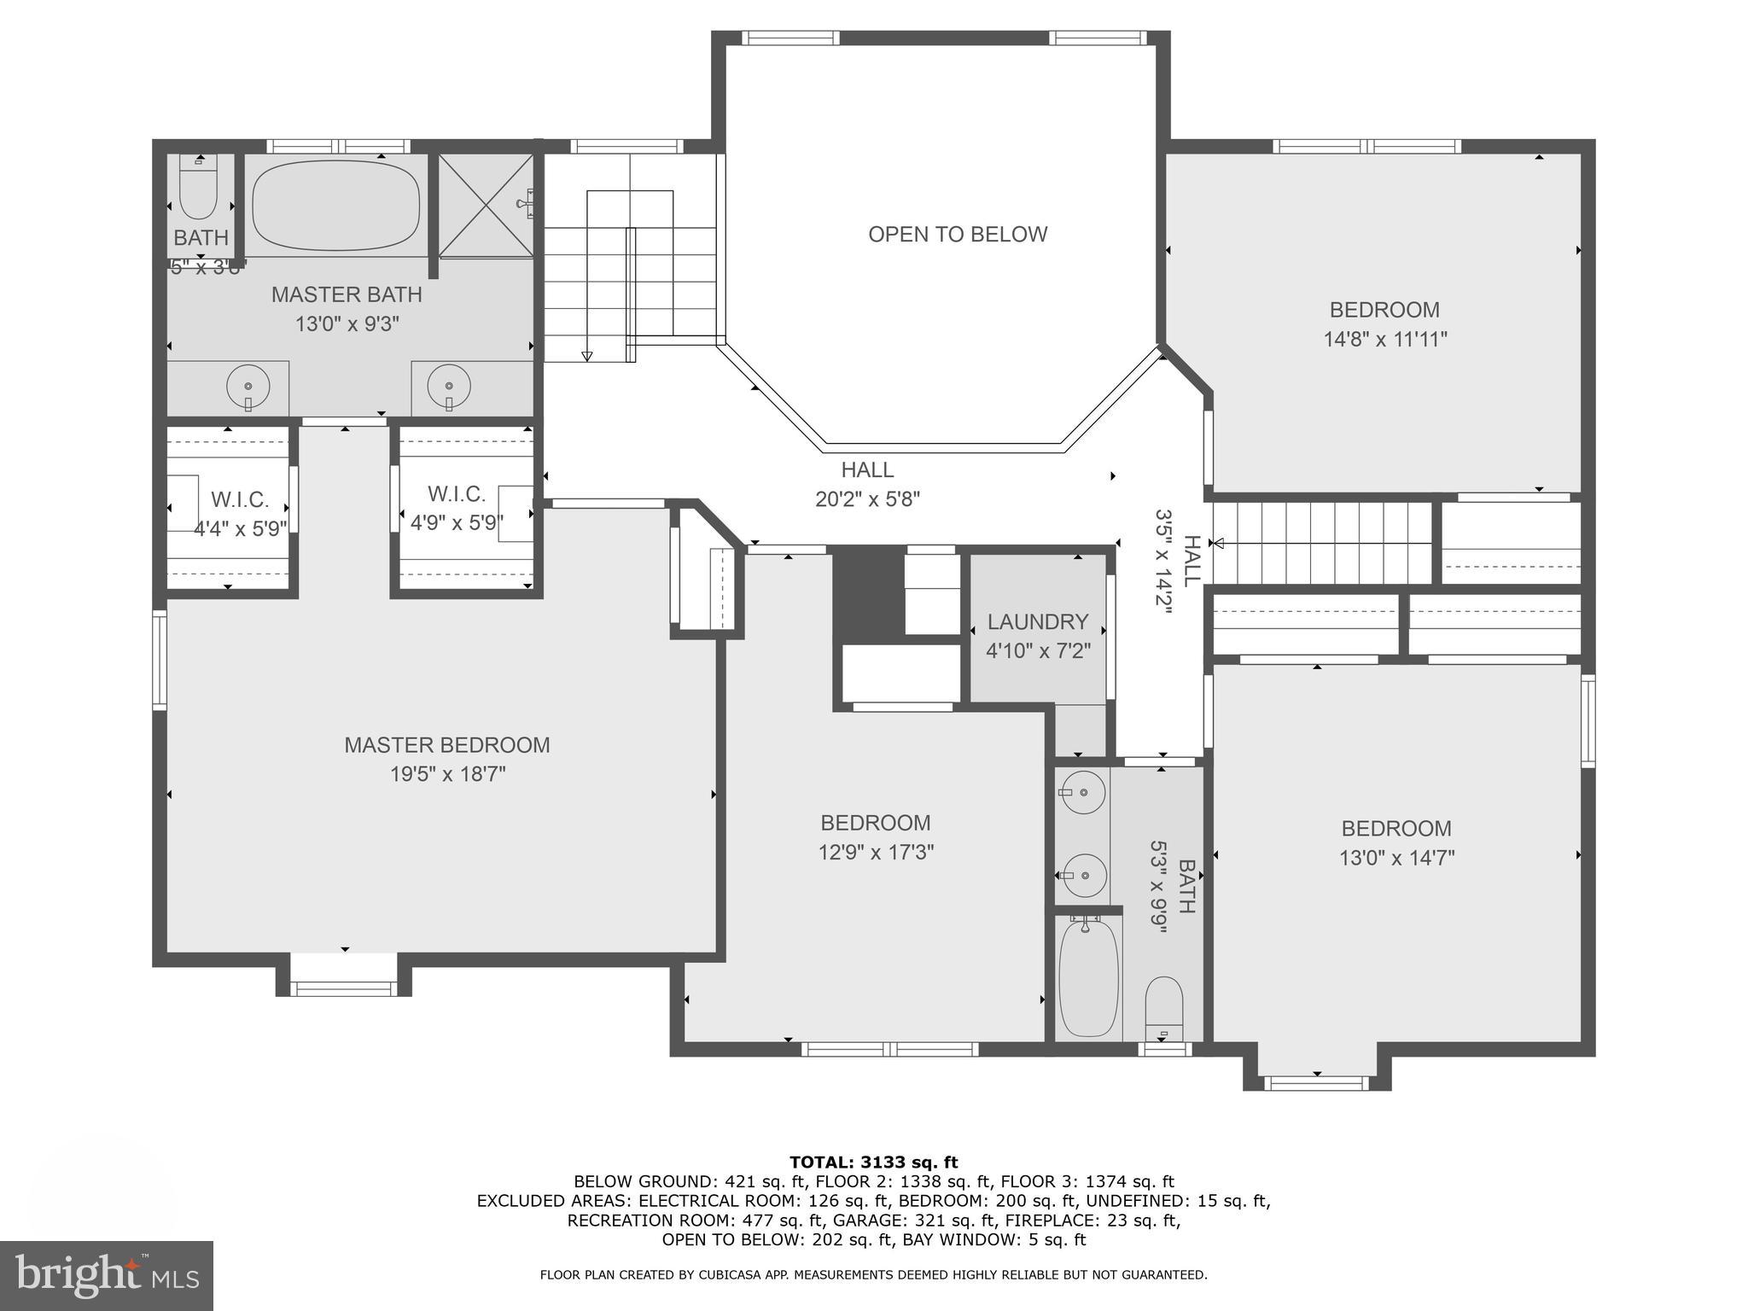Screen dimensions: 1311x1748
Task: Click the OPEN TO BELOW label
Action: pyautogui.click(x=957, y=234)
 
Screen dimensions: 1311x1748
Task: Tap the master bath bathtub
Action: pyautogui.click(x=336, y=205)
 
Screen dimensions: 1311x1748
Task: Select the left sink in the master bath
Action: pyautogui.click(x=248, y=387)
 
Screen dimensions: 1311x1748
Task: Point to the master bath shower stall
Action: pyautogui.click(x=485, y=205)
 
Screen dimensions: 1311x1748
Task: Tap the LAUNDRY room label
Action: pyautogui.click(x=1038, y=621)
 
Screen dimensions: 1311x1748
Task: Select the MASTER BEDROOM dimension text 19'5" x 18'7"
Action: pyautogui.click(x=448, y=774)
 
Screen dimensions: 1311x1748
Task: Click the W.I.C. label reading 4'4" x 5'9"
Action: pyautogui.click(x=240, y=529)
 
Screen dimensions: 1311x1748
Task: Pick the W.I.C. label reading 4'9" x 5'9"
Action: pyautogui.click(x=457, y=522)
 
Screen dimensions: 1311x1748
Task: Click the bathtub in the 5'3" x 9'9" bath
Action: pyautogui.click(x=1088, y=980)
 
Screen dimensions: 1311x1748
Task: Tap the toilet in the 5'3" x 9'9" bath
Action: pyautogui.click(x=1163, y=1007)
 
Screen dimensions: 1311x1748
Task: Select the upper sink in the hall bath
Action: pyautogui.click(x=1084, y=793)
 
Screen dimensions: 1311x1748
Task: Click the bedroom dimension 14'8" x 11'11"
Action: pyautogui.click(x=1384, y=339)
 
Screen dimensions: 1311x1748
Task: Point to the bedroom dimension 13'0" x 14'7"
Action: pyautogui.click(x=1395, y=857)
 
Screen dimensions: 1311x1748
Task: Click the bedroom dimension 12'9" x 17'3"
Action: pyautogui.click(x=876, y=852)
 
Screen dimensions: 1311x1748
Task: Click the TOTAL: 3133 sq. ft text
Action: pyautogui.click(x=873, y=1162)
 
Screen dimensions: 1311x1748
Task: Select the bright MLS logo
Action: pyautogui.click(x=106, y=1275)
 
